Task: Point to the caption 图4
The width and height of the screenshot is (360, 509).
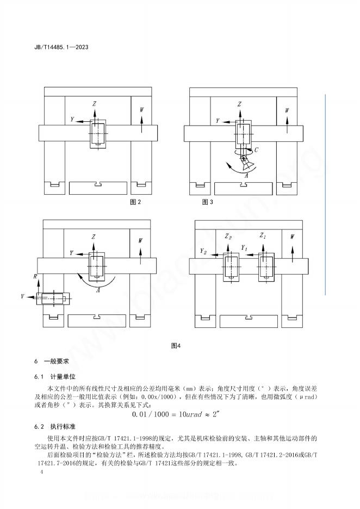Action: tap(175, 345)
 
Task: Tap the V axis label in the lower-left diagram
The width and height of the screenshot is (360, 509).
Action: tap(23, 297)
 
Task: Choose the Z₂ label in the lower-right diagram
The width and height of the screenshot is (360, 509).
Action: tap(228, 237)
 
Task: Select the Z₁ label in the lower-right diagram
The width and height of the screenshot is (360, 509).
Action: tap(263, 237)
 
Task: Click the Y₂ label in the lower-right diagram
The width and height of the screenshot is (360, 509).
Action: tap(203, 252)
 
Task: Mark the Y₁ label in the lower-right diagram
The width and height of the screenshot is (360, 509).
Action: tap(245, 248)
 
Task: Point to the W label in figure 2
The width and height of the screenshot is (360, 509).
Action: tap(142, 110)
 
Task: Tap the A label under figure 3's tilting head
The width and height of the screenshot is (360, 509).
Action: tap(247, 175)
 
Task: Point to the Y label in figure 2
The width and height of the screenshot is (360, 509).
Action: tap(72, 119)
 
